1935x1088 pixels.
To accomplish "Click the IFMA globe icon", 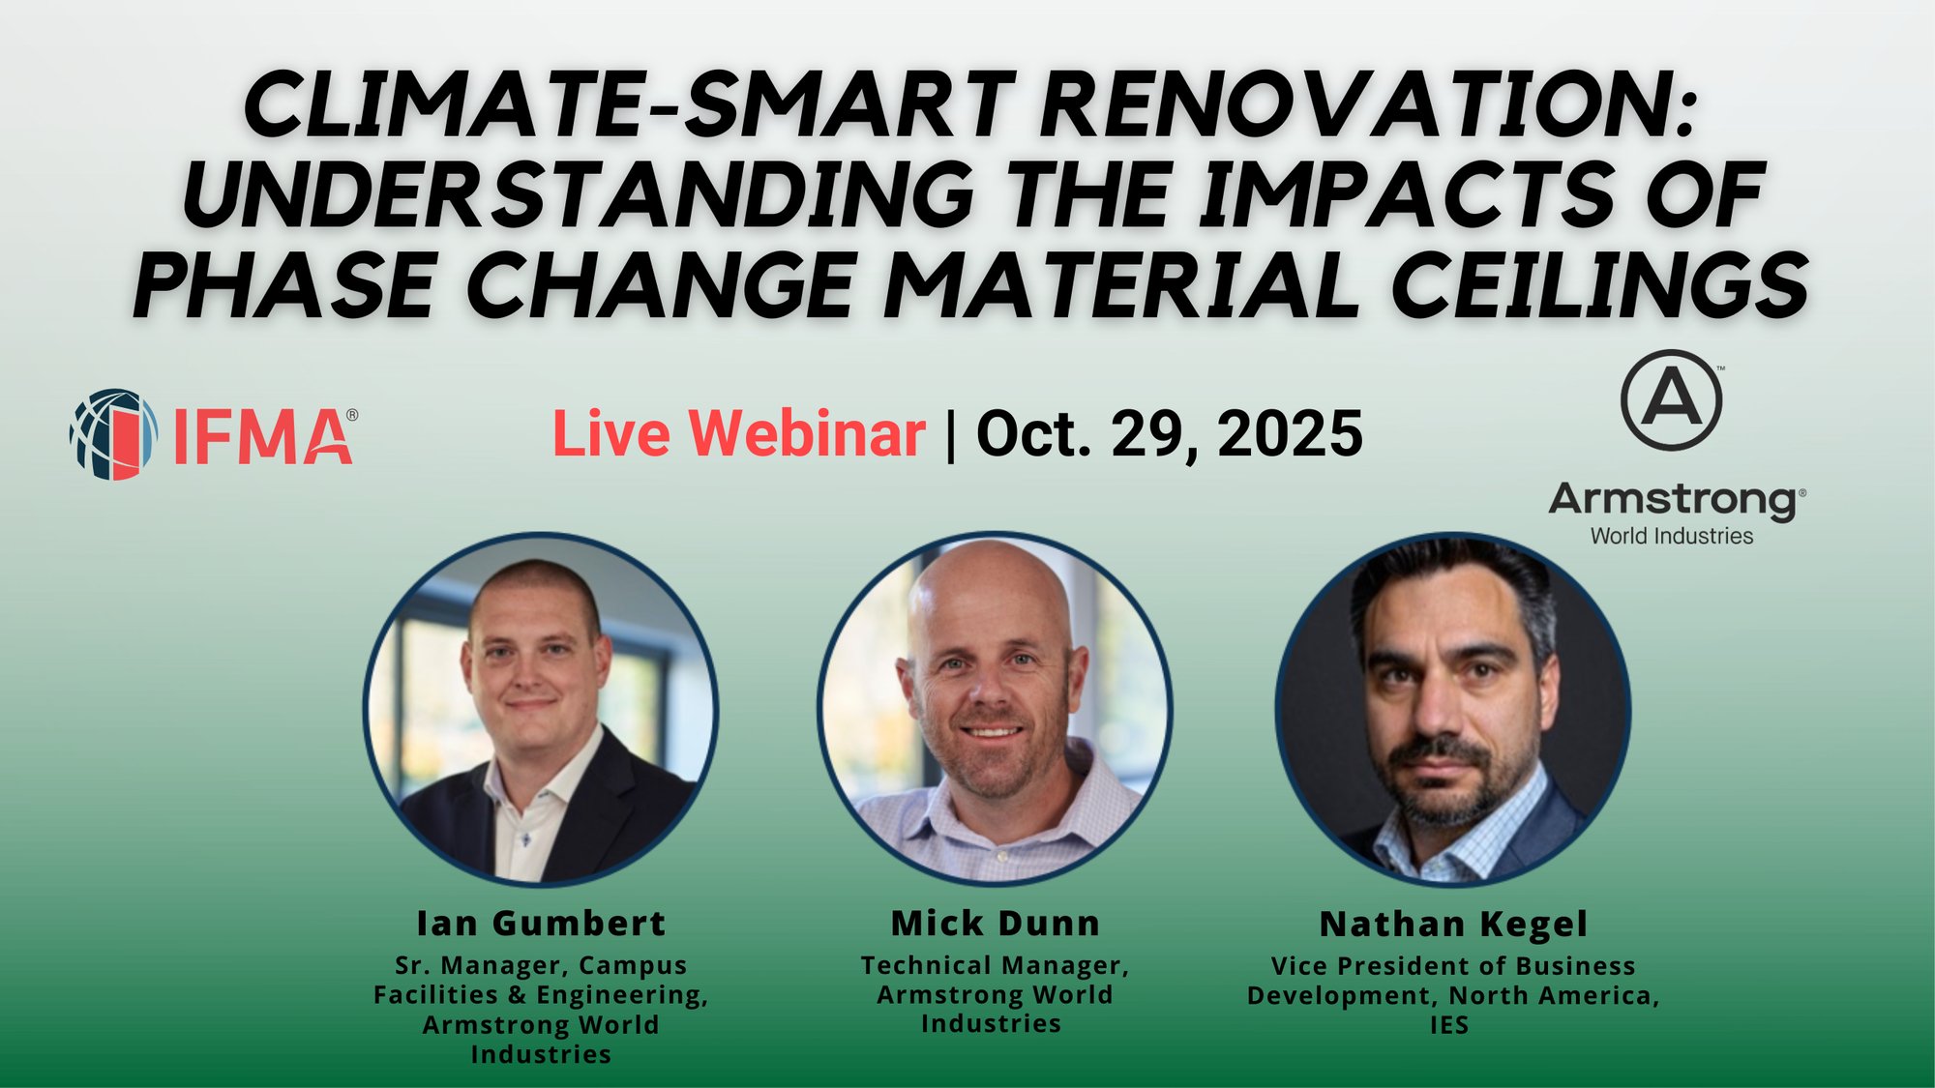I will pos(113,434).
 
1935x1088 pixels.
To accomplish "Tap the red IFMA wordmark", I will pos(263,437).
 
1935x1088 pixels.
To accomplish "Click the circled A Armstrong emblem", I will pos(1671,400).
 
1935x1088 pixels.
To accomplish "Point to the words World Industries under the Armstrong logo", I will pos(1671,536).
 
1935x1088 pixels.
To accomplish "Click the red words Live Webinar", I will pos(738,433).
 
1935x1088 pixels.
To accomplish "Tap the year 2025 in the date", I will pos(1290,433).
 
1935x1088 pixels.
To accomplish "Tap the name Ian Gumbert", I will pos(541,924).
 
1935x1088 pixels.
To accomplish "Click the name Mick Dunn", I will pos(996,924).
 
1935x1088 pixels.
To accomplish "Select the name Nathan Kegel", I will pos(1453,925).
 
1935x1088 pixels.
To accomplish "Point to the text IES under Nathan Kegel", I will pos(1449,1025).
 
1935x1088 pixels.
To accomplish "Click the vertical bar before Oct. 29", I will pos(951,434).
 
